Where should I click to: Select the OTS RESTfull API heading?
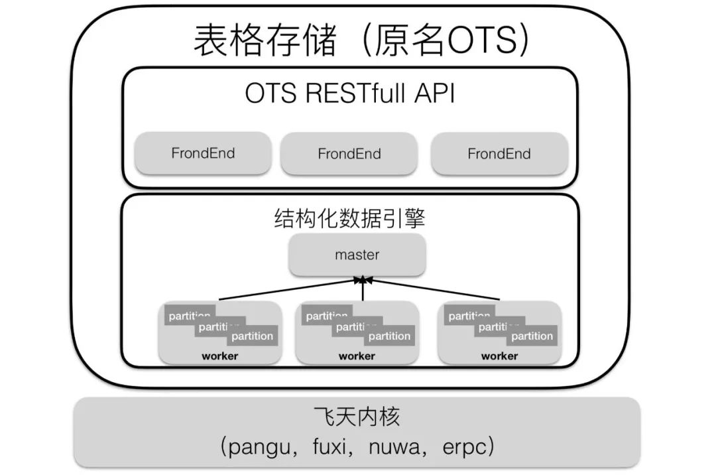tap(350, 94)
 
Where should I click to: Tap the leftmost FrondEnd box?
tap(203, 153)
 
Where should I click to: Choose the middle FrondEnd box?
tap(349, 154)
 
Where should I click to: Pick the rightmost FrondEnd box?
tap(499, 154)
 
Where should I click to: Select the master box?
tap(357, 255)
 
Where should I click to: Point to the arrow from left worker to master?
tap(285, 290)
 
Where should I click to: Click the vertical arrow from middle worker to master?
tap(363, 290)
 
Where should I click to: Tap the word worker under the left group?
tap(219, 356)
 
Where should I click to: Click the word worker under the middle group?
tap(357, 356)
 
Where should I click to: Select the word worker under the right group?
tap(499, 356)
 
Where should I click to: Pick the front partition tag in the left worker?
tap(252, 336)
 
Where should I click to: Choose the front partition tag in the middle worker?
tap(389, 336)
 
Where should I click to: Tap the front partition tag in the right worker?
tap(532, 336)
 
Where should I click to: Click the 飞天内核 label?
tap(357, 418)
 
